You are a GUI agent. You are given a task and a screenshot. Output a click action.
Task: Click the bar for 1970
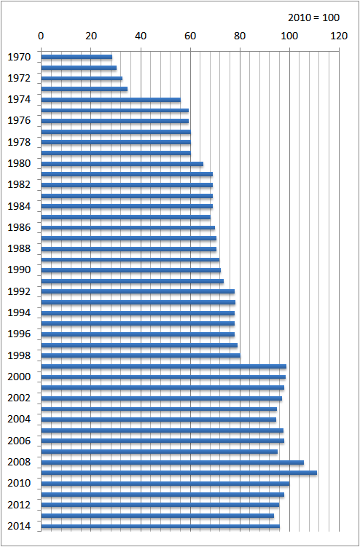pyautogui.click(x=77, y=57)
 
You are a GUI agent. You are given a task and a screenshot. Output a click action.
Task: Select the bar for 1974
pyautogui.click(x=111, y=100)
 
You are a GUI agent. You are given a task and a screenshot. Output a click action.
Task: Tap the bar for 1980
pyautogui.click(x=122, y=164)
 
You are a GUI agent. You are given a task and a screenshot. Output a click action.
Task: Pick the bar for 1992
pyautogui.click(x=138, y=291)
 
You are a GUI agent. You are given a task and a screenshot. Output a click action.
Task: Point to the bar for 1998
pyautogui.click(x=141, y=355)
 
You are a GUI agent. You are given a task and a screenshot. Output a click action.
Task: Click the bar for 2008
pyautogui.click(x=173, y=463)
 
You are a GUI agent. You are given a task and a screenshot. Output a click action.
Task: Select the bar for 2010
pyautogui.click(x=165, y=484)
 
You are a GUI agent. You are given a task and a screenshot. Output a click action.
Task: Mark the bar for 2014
pyautogui.click(x=160, y=526)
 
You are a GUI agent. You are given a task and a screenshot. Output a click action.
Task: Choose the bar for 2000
pyautogui.click(x=163, y=377)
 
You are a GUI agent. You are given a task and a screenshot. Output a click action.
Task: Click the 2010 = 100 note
pyautogui.click(x=313, y=17)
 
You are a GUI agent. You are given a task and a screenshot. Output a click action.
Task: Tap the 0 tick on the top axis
pyautogui.click(x=42, y=36)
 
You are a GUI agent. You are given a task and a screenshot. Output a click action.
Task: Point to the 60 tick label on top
pyautogui.click(x=190, y=36)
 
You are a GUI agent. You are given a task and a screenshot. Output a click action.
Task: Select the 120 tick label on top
pyautogui.click(x=339, y=36)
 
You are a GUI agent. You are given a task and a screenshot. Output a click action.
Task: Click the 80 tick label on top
pyautogui.click(x=240, y=36)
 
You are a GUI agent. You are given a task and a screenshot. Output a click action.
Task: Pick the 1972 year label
pyautogui.click(x=19, y=78)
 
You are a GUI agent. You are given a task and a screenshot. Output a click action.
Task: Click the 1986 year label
pyautogui.click(x=19, y=227)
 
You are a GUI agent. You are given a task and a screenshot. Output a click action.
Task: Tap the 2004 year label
pyautogui.click(x=19, y=420)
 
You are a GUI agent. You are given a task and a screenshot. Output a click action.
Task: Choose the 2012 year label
pyautogui.click(x=19, y=505)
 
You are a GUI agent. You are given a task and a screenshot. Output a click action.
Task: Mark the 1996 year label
pyautogui.click(x=19, y=334)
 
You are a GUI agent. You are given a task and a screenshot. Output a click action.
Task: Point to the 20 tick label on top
pyautogui.click(x=91, y=36)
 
